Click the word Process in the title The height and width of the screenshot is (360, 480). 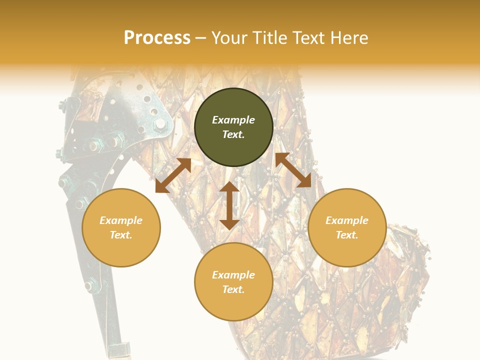point(157,38)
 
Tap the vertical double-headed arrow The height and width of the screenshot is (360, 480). point(229,205)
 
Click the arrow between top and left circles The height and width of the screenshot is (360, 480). point(173,175)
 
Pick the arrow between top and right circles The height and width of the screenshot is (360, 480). point(293,170)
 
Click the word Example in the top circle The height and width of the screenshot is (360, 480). point(233,120)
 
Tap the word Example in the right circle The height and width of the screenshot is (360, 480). point(347,220)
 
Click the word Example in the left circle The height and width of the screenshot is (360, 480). point(121,220)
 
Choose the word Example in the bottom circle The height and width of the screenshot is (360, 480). point(233,275)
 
